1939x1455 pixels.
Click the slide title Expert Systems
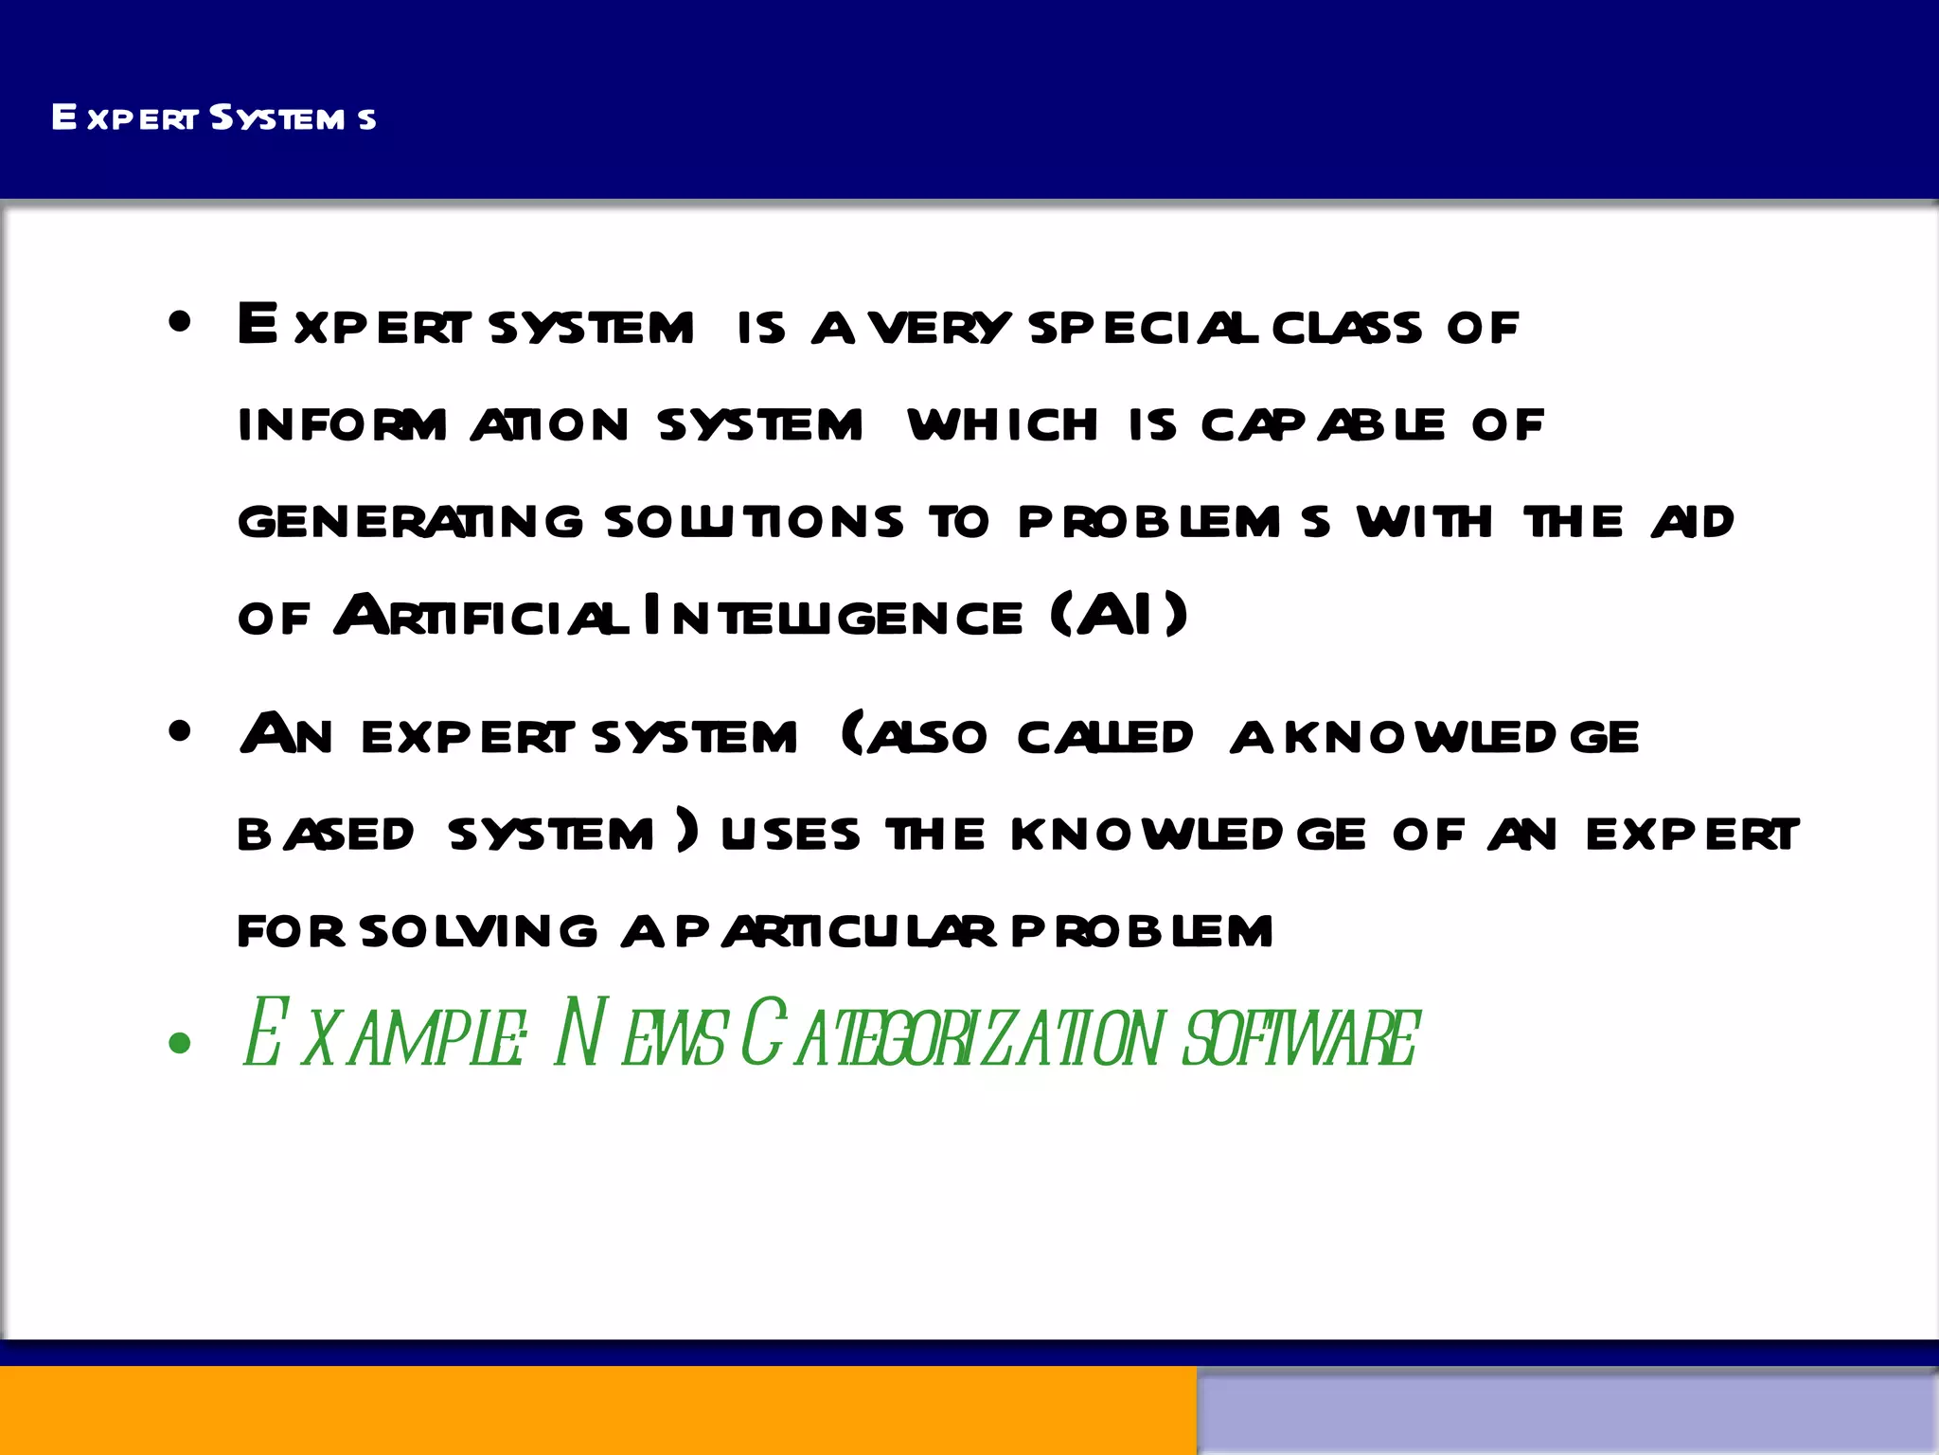tap(214, 117)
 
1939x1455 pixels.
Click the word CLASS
tap(1346, 328)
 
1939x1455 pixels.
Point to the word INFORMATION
tap(433, 425)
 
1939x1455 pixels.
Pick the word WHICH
tap(1003, 425)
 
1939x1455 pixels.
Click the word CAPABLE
tap(1323, 425)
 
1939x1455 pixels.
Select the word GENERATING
tap(410, 522)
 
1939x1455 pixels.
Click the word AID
tap(1693, 522)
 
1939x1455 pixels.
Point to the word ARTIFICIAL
tap(481, 617)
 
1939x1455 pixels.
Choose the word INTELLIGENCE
tap(833, 617)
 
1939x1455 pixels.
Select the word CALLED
tap(1105, 738)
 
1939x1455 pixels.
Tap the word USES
tap(791, 835)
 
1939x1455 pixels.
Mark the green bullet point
tap(179, 1044)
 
